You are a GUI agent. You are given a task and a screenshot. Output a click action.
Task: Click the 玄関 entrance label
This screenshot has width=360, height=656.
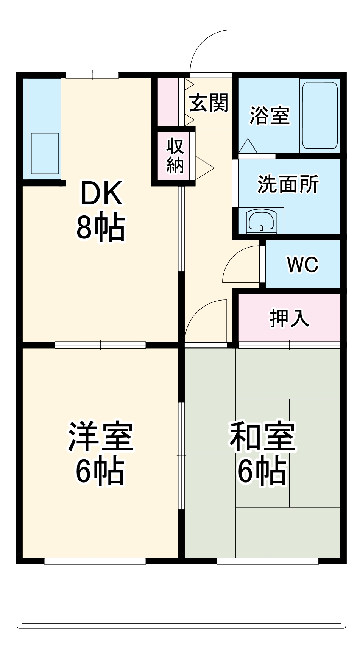point(209,103)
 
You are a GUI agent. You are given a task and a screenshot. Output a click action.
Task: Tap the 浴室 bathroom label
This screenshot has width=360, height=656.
point(269,115)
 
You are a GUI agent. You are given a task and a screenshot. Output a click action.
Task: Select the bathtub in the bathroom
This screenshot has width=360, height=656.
point(320,115)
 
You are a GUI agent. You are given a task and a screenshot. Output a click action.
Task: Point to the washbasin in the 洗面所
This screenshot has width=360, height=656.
point(261,221)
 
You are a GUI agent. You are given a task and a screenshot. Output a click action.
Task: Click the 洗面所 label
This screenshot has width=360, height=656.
point(288,184)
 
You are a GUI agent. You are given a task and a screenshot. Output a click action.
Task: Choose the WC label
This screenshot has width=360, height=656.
point(302,264)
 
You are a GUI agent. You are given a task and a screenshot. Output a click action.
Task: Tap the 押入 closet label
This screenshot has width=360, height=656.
point(289,318)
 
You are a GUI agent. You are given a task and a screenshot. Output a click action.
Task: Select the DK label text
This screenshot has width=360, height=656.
point(101,193)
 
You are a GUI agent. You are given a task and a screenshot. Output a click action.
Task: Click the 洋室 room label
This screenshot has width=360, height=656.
point(100,436)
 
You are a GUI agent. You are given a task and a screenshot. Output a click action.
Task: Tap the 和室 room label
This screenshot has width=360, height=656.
point(262,436)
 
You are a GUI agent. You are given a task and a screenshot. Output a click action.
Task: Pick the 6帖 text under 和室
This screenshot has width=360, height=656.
point(262,471)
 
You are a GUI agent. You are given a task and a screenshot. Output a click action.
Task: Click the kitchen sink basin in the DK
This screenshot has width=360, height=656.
point(45,153)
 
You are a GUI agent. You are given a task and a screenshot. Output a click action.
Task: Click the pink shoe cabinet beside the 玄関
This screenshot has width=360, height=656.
point(168,101)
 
